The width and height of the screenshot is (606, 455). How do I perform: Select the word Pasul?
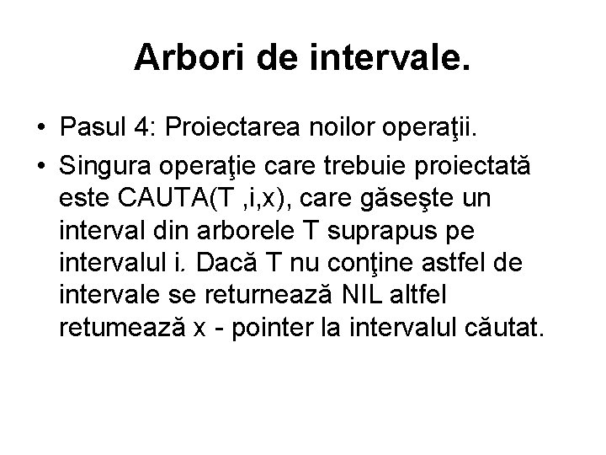[93, 126]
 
